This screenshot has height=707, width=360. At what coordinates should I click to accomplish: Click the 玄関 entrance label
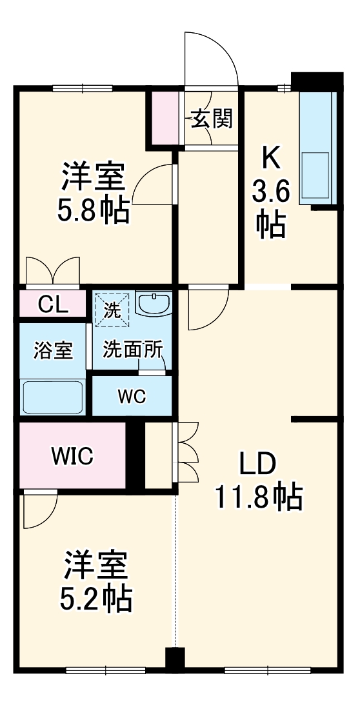[211, 119]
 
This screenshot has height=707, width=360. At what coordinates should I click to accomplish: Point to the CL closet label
[53, 304]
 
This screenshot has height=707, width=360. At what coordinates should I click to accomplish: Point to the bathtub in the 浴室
[53, 396]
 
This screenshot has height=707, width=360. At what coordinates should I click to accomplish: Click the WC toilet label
[132, 396]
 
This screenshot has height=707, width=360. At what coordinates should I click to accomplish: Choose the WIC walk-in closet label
[72, 456]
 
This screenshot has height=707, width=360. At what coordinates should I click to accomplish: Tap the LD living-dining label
[258, 463]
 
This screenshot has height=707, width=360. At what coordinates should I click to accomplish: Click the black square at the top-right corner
[316, 81]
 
